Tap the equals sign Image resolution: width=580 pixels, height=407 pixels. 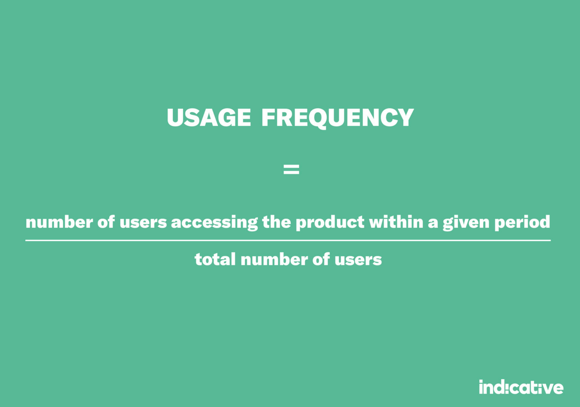pyautogui.click(x=291, y=169)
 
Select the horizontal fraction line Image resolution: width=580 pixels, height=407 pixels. pyautogui.click(x=288, y=240)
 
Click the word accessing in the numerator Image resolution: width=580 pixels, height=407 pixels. pyautogui.click(x=214, y=223)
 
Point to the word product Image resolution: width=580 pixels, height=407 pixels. pyautogui.click(x=330, y=223)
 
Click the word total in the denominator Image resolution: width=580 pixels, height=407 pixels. pyautogui.click(x=215, y=259)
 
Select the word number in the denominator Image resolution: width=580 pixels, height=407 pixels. pyautogui.click(x=274, y=259)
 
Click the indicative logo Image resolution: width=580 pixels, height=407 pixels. pyautogui.click(x=521, y=388)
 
